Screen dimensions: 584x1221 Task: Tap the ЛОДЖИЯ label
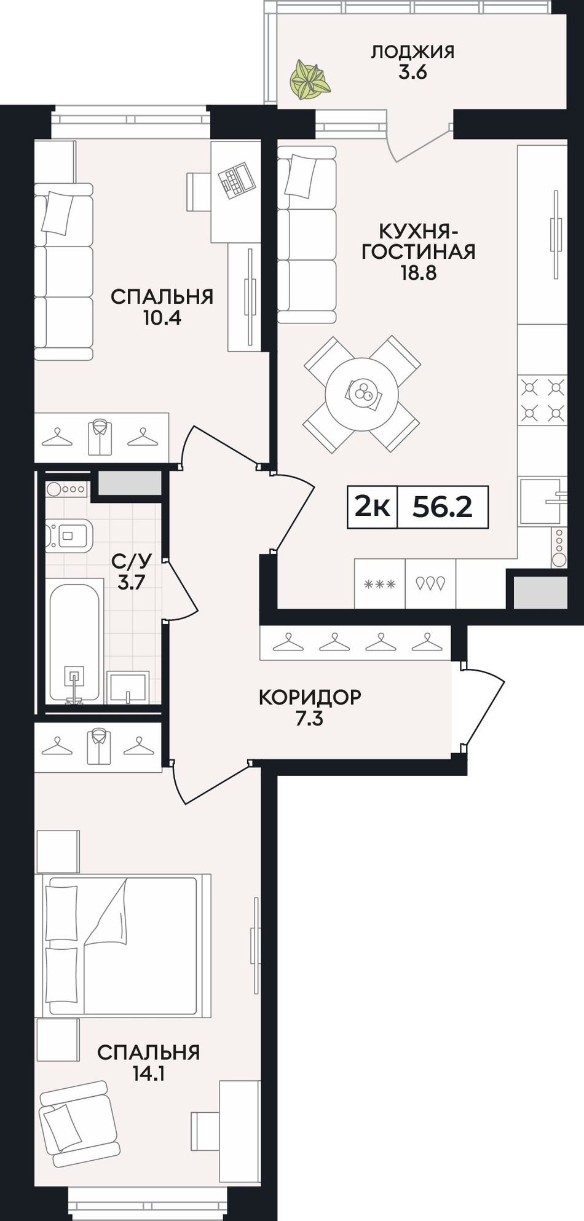412,52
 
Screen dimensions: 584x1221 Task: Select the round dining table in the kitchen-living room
362,394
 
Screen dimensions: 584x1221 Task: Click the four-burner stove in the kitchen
543,400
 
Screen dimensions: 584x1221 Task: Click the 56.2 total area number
442,507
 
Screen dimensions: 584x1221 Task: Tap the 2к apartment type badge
373,508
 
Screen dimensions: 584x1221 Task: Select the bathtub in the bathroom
74,642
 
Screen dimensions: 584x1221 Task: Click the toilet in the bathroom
69,535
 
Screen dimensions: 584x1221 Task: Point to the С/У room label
130,561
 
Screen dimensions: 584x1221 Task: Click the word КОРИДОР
310,697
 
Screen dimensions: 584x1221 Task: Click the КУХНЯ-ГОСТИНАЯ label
419,242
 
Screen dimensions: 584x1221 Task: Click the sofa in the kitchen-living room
307,235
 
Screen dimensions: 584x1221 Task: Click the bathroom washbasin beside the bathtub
127,687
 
